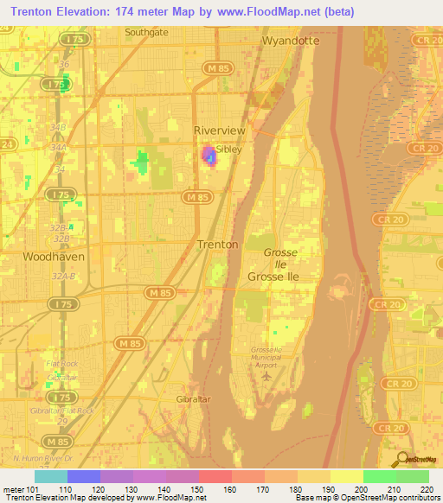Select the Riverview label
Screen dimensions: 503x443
(x=220, y=131)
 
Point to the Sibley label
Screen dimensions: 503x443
(x=228, y=149)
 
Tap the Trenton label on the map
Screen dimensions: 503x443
(x=217, y=245)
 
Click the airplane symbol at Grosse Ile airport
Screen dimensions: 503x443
(x=266, y=376)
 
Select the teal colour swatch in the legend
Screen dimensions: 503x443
(x=51, y=476)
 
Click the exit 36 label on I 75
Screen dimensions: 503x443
(x=62, y=64)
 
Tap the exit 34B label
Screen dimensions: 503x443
(x=59, y=127)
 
